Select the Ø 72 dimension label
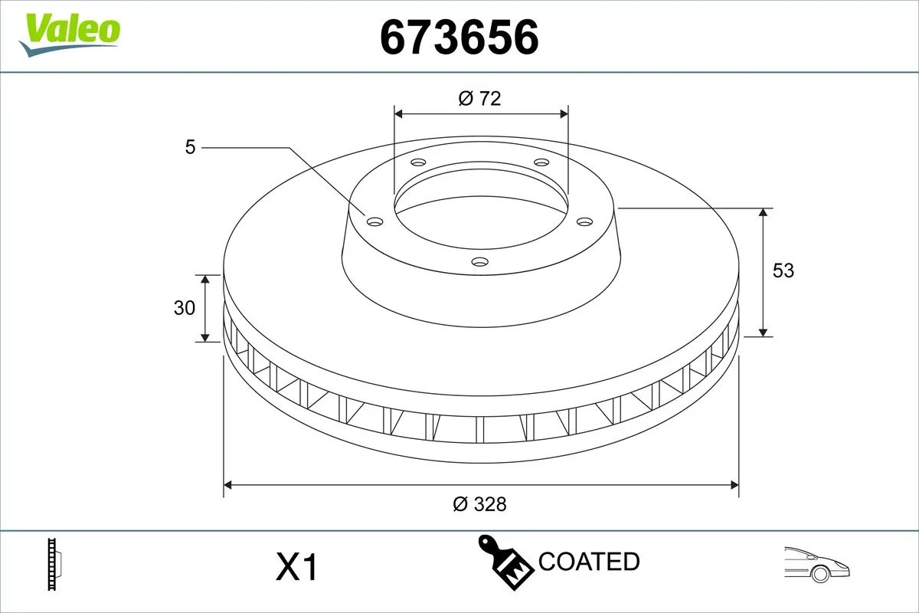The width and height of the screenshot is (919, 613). point(479,98)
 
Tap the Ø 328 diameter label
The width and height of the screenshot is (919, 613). point(479,503)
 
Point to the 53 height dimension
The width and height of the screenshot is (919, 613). point(783,270)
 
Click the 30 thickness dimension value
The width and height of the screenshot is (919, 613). point(185,308)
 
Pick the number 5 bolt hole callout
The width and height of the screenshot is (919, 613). point(191,146)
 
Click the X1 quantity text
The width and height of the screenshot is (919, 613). point(296,568)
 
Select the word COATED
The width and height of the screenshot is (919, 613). point(588,562)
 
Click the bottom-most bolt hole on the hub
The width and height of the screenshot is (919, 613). point(479,262)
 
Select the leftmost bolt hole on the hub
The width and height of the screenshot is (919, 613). point(374,221)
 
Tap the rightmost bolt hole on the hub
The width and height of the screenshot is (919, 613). point(585,221)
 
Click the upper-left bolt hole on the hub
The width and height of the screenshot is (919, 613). point(417,162)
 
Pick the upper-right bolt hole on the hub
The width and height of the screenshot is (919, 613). point(541,162)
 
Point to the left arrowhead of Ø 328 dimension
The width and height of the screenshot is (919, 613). point(227,484)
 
